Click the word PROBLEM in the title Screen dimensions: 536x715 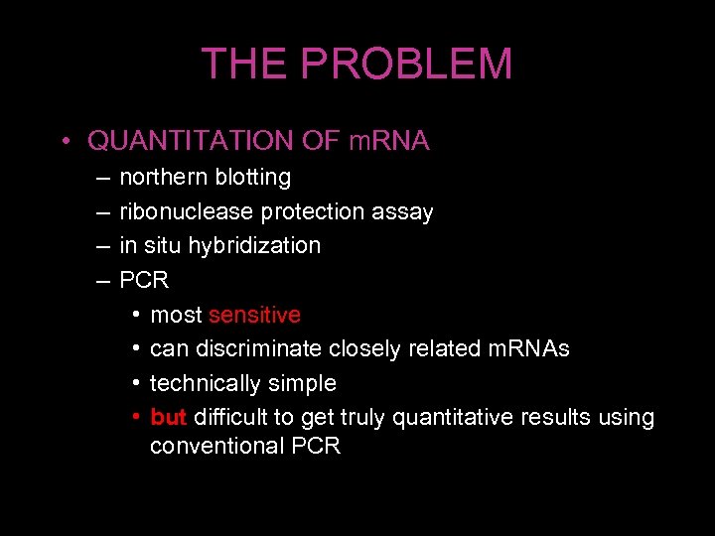point(407,65)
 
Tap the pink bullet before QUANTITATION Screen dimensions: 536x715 point(62,142)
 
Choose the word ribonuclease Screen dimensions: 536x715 point(186,211)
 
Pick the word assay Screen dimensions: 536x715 point(402,211)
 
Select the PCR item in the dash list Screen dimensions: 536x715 point(144,280)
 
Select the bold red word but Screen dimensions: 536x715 point(169,417)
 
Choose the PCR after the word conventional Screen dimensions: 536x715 point(316,446)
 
